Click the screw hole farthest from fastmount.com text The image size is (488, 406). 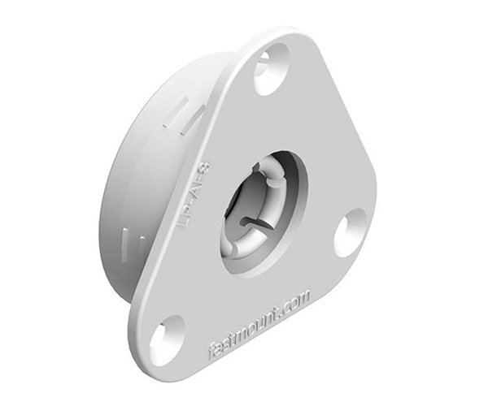tap(272, 70)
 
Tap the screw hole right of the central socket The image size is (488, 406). tap(351, 231)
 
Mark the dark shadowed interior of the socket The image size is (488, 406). tap(244, 203)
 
